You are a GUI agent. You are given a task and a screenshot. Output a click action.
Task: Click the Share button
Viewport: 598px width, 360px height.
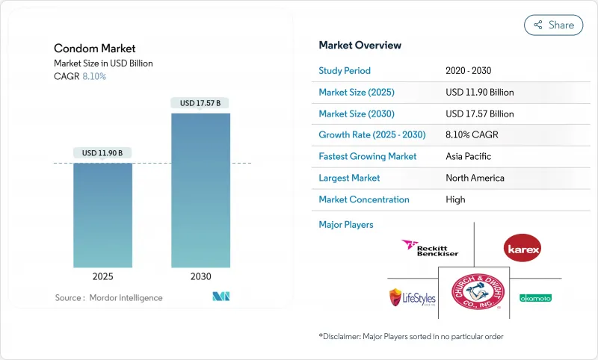(x=554, y=25)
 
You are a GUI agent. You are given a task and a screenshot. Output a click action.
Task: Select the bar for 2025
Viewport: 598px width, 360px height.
(x=102, y=215)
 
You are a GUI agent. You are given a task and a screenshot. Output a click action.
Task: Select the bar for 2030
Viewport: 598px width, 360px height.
(x=200, y=190)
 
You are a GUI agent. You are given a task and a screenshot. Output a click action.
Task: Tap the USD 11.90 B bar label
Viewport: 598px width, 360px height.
(x=102, y=153)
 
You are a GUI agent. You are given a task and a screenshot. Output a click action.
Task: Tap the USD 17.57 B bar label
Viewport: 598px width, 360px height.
(x=200, y=103)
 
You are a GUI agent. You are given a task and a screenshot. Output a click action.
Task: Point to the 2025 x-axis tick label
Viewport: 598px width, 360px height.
(x=102, y=276)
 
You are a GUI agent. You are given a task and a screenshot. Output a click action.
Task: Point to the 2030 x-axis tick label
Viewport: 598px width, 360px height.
(x=200, y=276)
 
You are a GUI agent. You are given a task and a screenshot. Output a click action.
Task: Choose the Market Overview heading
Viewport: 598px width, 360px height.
(x=360, y=46)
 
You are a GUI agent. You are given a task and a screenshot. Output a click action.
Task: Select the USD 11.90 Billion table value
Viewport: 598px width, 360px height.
(x=479, y=93)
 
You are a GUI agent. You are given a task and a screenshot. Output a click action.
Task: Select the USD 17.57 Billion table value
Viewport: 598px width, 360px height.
(x=479, y=114)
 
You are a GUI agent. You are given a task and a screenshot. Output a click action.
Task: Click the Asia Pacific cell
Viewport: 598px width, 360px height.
(x=468, y=157)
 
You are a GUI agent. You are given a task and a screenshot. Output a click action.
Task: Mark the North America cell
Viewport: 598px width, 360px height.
(x=475, y=179)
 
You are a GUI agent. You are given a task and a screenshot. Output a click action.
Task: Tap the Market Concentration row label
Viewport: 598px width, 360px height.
(x=364, y=199)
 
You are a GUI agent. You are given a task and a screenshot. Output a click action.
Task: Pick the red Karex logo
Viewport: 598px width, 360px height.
(x=523, y=249)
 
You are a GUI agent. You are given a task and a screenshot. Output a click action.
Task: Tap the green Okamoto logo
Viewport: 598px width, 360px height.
(x=535, y=297)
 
